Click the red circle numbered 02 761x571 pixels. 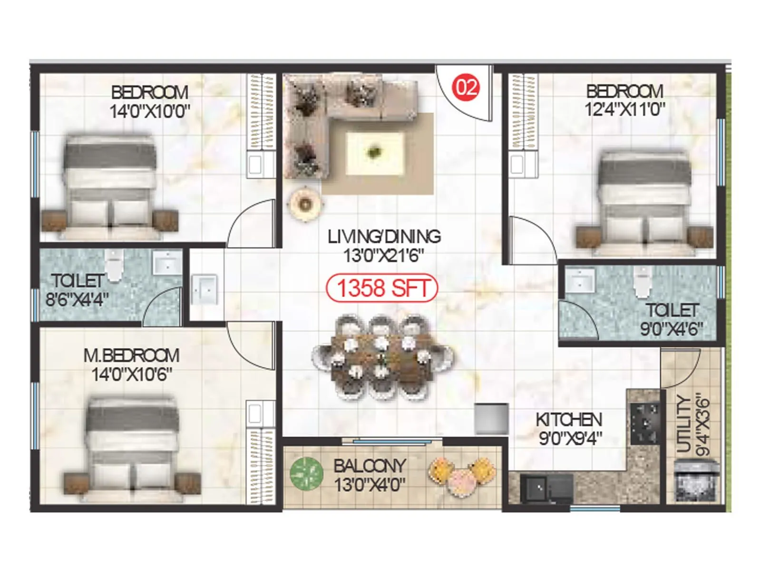tap(466, 87)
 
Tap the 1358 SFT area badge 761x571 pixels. tap(382, 288)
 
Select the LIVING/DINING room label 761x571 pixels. tap(384, 236)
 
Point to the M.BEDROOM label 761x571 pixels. tap(131, 355)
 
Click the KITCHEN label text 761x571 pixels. tap(569, 420)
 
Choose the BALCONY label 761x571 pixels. tap(370, 465)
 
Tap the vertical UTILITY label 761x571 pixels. tap(683, 423)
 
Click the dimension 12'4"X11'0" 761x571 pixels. tap(624, 110)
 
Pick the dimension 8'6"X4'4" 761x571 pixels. tap(77, 300)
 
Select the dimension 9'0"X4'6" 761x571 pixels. tap(671, 329)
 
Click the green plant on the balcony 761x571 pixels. tap(306, 474)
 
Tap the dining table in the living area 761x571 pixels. tap(383, 357)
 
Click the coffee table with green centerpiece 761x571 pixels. tap(375, 153)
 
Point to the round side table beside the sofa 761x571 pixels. tap(305, 204)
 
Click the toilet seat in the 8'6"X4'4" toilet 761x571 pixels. tap(114, 266)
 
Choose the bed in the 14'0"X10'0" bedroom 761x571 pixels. tap(110, 186)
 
